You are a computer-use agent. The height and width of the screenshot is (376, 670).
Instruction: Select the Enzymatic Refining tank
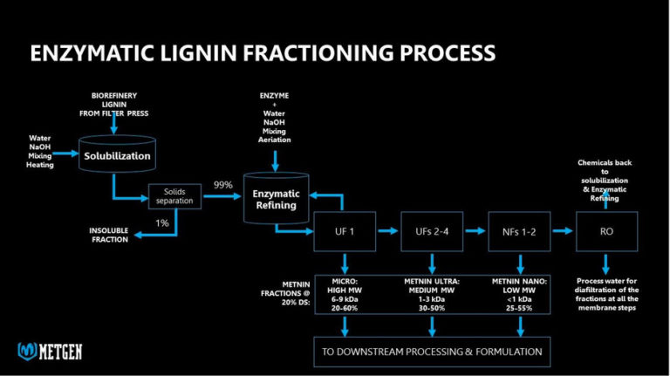[276, 198]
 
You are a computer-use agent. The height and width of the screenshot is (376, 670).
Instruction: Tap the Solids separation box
[174, 196]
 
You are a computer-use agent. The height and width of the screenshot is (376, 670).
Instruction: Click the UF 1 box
[345, 232]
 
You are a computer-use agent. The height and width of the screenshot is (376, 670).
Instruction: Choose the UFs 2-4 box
[432, 232]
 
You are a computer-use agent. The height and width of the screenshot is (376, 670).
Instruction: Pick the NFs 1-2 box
[520, 232]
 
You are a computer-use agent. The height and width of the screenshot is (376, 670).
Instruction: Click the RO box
[607, 232]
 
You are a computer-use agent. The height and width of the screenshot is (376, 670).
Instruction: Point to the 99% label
[223, 185]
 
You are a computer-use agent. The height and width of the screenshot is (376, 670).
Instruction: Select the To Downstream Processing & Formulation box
[432, 351]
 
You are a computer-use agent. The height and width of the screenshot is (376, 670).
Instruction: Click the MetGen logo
[51, 351]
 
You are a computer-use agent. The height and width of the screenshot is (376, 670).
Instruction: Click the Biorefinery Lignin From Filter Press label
[114, 103]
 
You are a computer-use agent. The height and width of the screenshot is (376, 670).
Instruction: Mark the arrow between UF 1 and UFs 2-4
[388, 232]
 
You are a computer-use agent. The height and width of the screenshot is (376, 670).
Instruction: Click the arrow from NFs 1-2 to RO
[564, 232]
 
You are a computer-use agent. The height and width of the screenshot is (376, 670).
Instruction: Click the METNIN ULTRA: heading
[432, 280]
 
